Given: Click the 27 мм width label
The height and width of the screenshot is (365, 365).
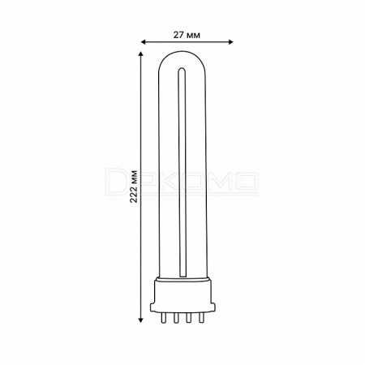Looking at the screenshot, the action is [187, 35].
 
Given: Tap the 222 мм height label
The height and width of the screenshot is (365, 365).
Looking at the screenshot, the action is [134, 187].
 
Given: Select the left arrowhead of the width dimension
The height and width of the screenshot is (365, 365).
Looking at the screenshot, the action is [144, 41].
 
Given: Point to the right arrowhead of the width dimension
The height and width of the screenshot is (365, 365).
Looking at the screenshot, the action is [230, 41].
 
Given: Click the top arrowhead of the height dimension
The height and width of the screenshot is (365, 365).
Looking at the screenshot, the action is [140, 54].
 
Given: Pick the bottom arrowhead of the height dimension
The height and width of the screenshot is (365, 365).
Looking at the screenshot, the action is [140, 320].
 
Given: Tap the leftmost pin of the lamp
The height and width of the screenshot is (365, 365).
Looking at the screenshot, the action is [163, 318].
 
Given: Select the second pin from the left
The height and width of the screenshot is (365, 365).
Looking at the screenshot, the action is [176, 318].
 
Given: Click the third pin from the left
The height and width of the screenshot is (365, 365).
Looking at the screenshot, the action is [188, 318].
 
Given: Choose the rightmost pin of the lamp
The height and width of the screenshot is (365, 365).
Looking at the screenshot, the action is [200, 318].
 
